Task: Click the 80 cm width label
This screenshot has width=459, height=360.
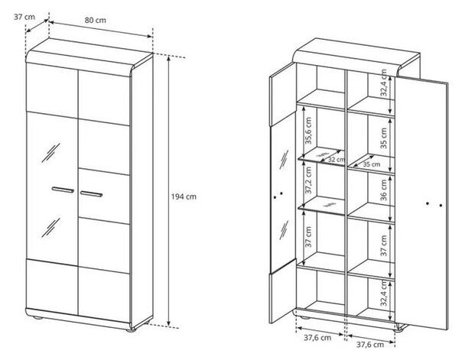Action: click(x=96, y=20)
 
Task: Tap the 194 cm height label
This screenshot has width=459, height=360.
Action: click(x=184, y=196)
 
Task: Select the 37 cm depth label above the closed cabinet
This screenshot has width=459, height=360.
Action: click(x=24, y=17)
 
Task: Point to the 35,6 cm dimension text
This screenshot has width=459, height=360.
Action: click(x=308, y=131)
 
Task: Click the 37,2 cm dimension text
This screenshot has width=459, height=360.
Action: click(x=308, y=180)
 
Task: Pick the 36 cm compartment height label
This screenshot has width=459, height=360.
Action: click(x=383, y=190)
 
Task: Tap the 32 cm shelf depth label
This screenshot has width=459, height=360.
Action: click(x=336, y=160)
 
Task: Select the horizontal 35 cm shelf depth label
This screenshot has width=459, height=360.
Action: click(x=372, y=164)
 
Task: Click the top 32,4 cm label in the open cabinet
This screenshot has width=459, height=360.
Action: click(x=383, y=83)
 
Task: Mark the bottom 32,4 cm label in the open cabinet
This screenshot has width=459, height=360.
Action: click(x=383, y=292)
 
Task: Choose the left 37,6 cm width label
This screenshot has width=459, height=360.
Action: click(x=317, y=338)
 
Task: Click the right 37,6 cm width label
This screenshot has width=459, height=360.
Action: click(x=370, y=345)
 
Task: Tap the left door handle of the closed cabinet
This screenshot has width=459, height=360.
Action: click(x=63, y=190)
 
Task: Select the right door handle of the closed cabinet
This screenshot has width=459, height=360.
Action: click(x=91, y=194)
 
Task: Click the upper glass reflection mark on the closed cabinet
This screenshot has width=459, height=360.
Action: click(x=50, y=153)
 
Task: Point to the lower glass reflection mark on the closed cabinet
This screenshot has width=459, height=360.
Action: click(x=50, y=228)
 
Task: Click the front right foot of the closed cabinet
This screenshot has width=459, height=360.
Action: click(x=131, y=330)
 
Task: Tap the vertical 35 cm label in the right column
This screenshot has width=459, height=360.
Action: click(x=383, y=138)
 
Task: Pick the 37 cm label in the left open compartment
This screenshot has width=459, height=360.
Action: click(x=308, y=237)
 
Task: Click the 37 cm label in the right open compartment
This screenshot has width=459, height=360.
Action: click(x=383, y=245)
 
